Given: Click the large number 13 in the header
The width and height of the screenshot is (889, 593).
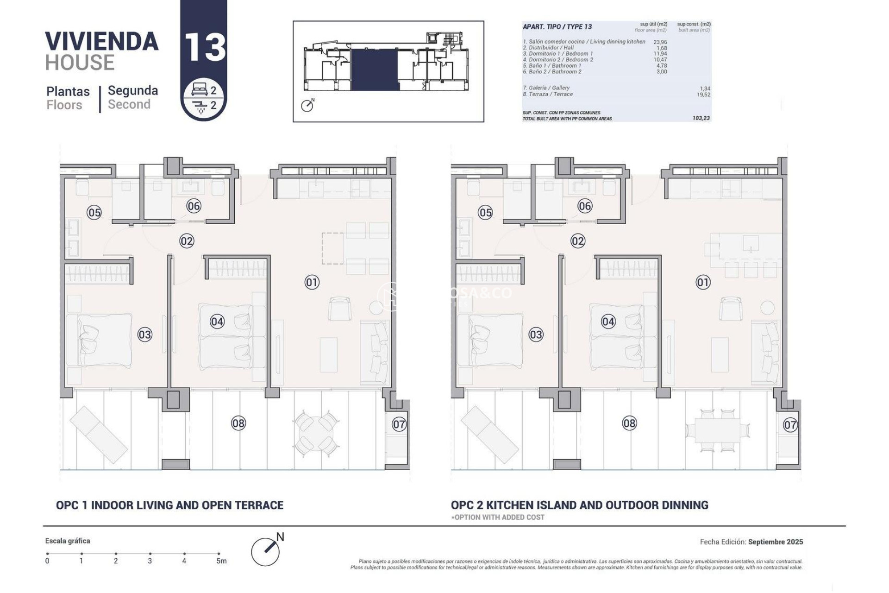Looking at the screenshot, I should [204, 47].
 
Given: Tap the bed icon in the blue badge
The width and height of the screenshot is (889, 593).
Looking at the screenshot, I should [200, 90].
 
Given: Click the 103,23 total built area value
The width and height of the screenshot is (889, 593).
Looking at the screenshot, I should [701, 119].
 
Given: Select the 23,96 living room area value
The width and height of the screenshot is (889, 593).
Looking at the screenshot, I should [660, 42].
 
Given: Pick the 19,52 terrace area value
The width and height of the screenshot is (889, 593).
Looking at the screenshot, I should [703, 95].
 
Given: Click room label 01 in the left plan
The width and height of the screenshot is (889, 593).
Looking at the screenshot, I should [312, 282].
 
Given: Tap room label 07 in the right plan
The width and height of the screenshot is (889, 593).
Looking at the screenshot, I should [790, 424].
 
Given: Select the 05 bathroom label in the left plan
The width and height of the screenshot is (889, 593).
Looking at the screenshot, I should [94, 213].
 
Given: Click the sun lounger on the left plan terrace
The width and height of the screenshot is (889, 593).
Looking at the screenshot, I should [98, 435].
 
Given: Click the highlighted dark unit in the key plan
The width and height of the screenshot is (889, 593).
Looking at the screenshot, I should [375, 69].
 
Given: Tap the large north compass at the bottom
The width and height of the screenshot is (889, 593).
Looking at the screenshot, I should [266, 551].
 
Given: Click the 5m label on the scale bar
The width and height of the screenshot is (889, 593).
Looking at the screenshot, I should [221, 561].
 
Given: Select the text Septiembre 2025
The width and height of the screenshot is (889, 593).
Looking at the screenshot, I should [776, 542].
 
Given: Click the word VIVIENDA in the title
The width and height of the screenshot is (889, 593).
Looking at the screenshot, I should [102, 42].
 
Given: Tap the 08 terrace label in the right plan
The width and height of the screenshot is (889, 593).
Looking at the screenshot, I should [629, 423].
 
